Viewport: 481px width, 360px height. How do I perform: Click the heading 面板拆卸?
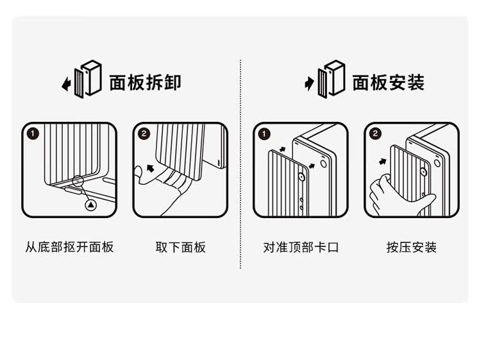coord(145,82)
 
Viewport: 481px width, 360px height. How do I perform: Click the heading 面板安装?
coord(388,82)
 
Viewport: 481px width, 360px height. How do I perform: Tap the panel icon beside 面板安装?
coord(331,79)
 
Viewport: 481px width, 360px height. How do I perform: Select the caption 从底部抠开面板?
coord(69,247)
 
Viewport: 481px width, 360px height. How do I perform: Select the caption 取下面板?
coord(181,247)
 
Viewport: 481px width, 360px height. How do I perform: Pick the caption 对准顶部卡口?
coord(301,247)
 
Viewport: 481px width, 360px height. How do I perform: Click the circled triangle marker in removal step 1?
coord(90,204)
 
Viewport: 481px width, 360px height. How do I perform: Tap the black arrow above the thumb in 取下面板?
coord(150,169)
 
